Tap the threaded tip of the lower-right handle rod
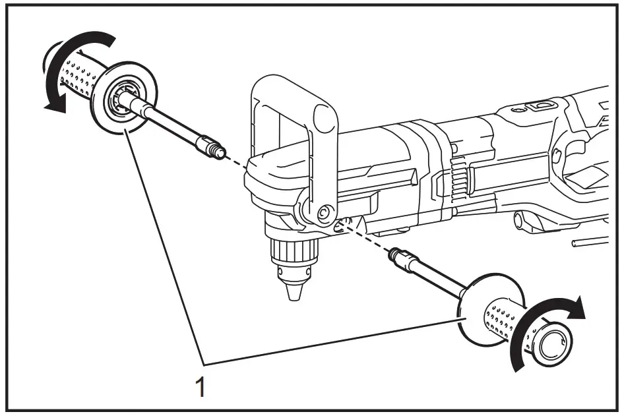396,254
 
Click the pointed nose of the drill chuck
291,290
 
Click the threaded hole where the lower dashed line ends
340,225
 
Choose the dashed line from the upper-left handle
234,158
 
